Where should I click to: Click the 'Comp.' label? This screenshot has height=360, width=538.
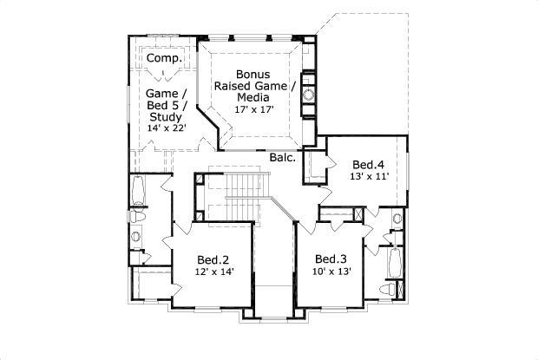(162, 57)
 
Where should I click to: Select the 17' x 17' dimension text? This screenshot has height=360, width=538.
(253, 110)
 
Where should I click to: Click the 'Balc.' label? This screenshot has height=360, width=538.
(283, 158)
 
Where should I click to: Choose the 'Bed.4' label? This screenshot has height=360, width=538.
(369, 164)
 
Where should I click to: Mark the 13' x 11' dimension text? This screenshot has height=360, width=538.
(369, 176)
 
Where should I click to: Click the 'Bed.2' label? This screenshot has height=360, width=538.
(213, 259)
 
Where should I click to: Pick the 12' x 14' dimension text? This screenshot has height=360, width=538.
(213, 272)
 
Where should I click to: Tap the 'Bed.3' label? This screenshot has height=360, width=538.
(331, 259)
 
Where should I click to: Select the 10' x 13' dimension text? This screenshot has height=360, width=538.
(331, 272)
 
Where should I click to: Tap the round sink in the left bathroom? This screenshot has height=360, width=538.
(135, 236)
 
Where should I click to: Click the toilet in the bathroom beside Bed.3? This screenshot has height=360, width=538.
(390, 287)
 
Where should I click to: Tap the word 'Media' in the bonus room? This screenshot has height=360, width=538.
(253, 98)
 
